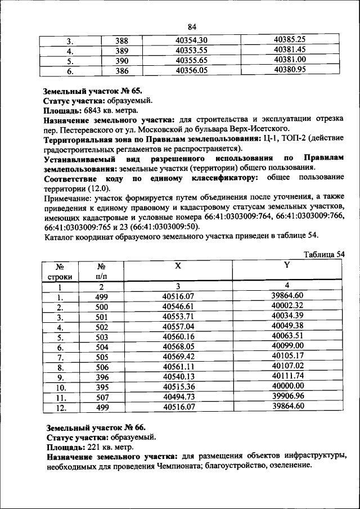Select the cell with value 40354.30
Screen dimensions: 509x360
192,40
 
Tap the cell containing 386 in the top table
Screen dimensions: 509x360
121,71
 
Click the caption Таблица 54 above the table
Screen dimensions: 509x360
323,254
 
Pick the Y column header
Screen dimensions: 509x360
287,264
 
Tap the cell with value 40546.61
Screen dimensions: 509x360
178,306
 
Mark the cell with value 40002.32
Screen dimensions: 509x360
287,306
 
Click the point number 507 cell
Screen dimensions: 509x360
101,397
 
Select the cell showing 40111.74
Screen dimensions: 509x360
287,376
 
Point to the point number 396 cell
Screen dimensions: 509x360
101,376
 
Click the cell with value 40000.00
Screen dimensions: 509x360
287,386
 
